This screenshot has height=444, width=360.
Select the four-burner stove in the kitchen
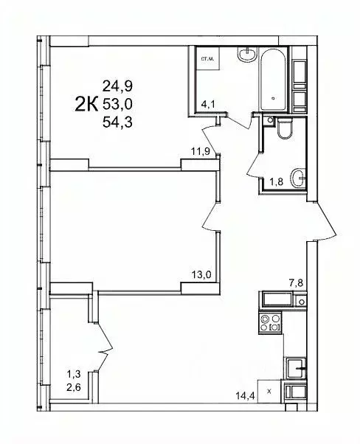271,322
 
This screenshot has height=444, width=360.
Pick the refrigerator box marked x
269,391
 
